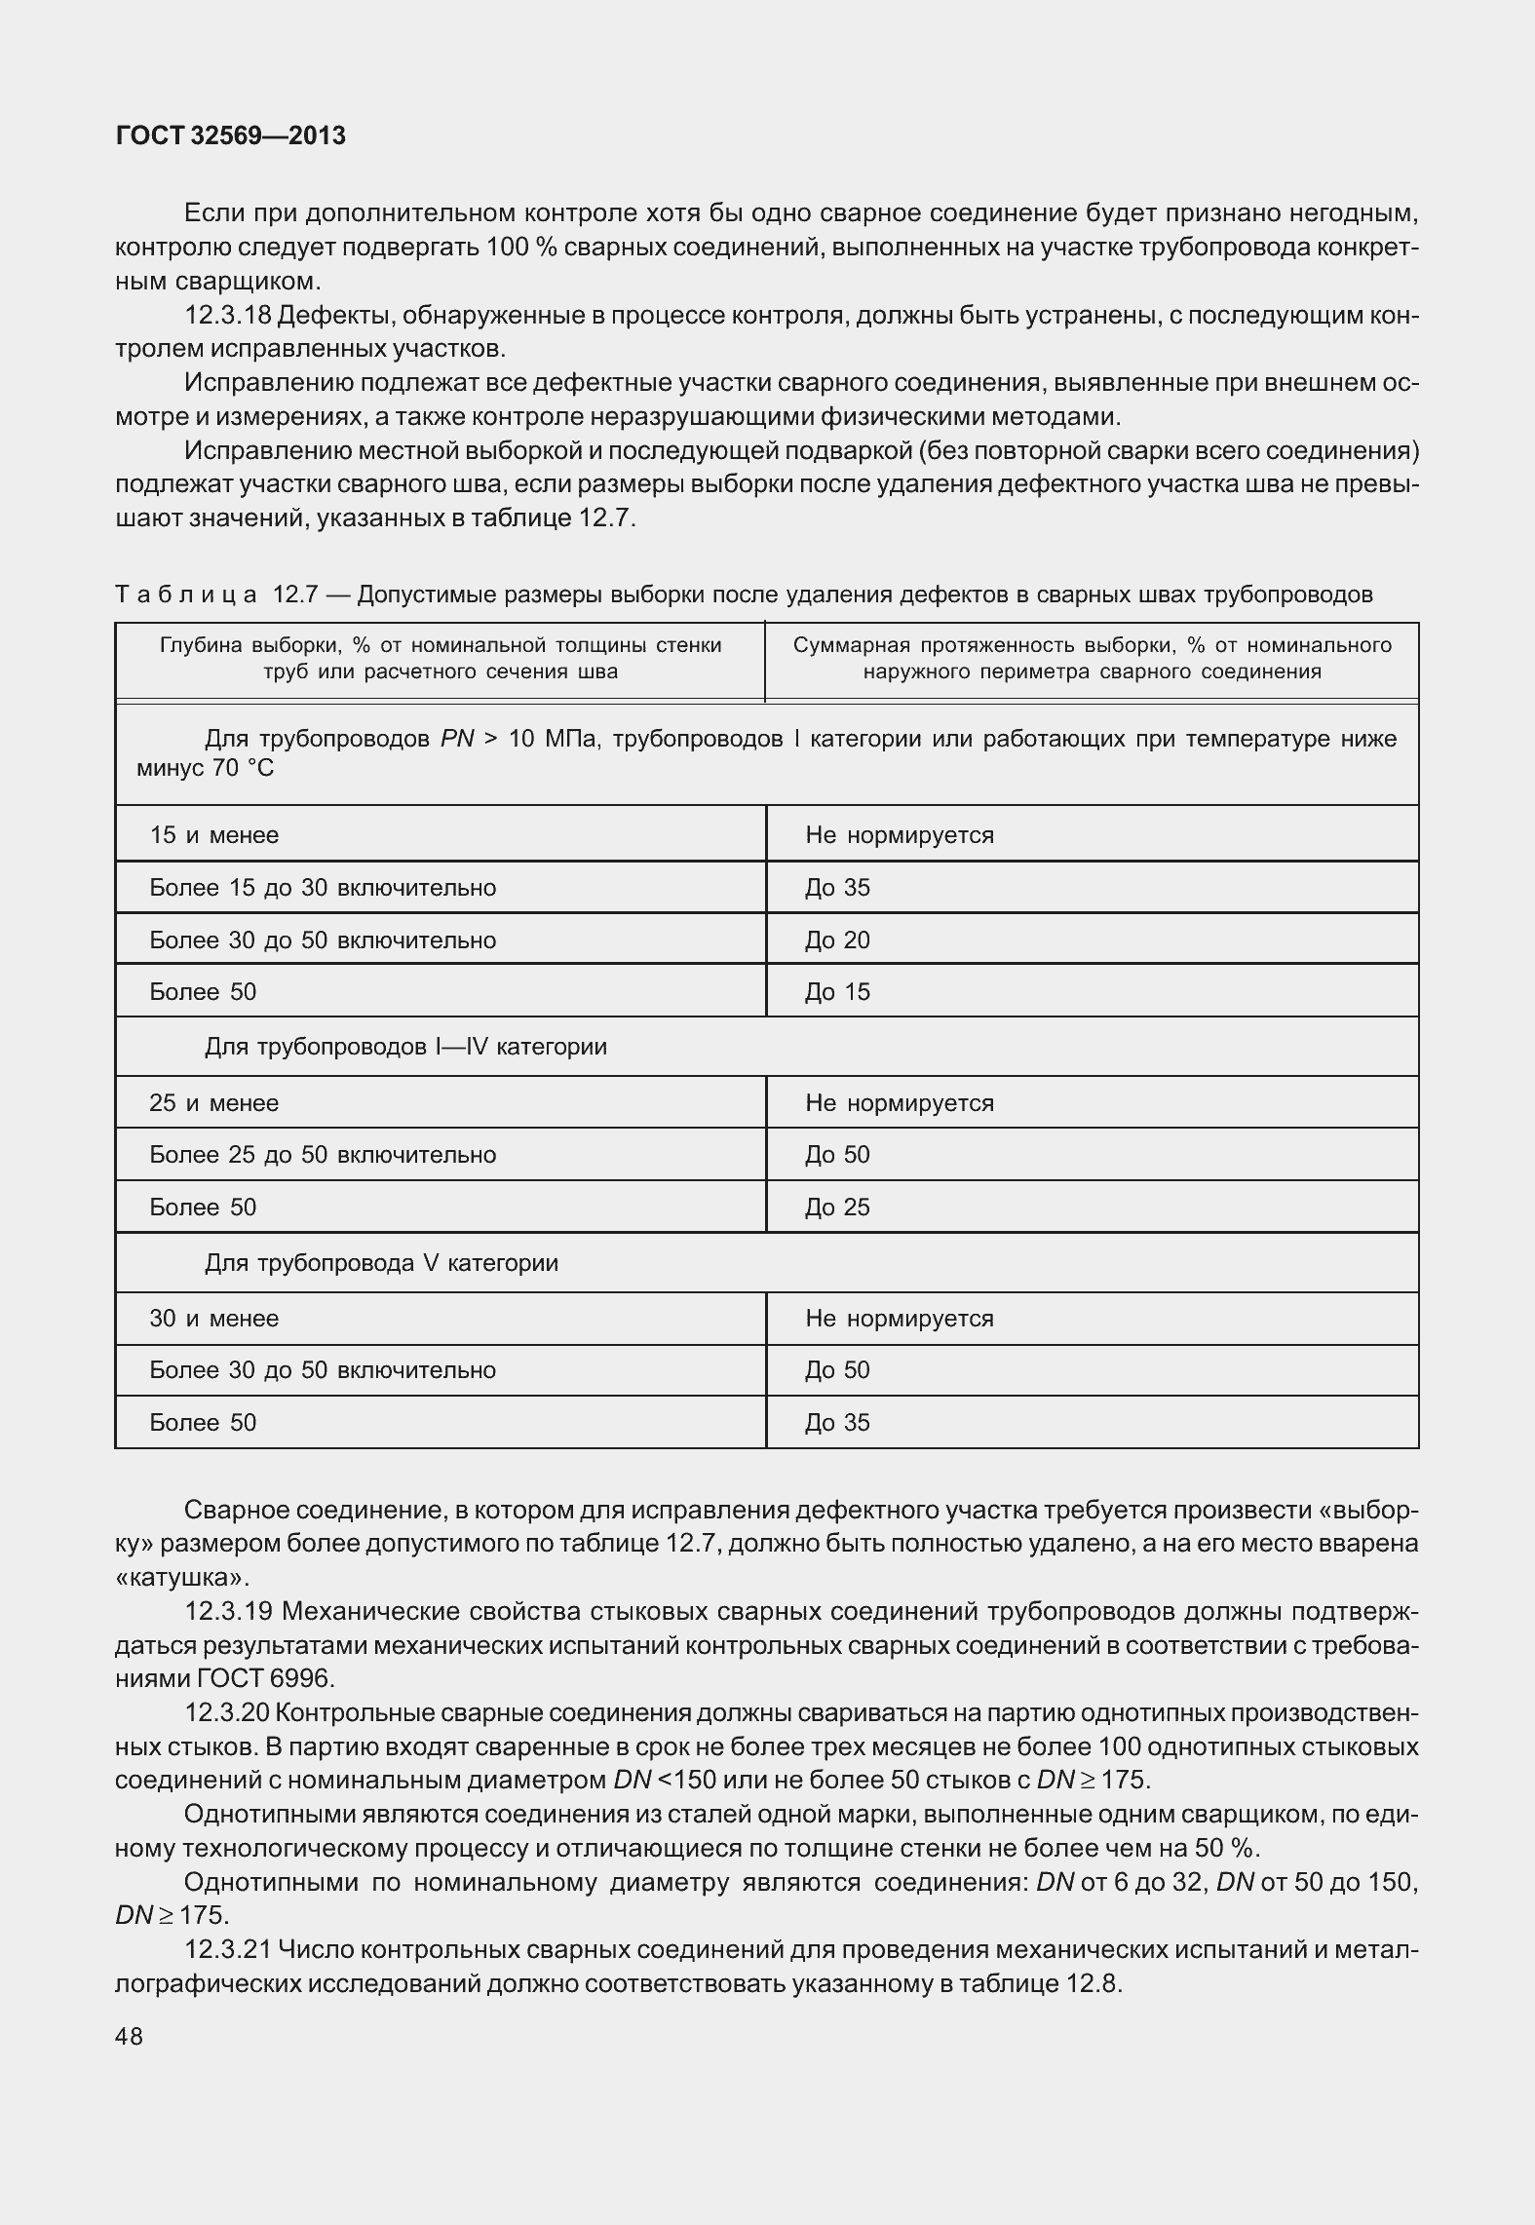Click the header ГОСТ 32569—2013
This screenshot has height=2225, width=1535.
pyautogui.click(x=230, y=136)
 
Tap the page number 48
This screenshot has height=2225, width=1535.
pyautogui.click(x=129, y=2037)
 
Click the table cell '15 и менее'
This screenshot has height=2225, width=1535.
pyautogui.click(x=214, y=835)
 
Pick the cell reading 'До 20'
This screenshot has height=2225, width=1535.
pyautogui.click(x=837, y=940)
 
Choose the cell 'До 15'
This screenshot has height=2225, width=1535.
pyautogui.click(x=837, y=992)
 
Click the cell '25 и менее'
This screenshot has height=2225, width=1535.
pyautogui.click(x=214, y=1103)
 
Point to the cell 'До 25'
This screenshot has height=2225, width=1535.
pyautogui.click(x=837, y=1208)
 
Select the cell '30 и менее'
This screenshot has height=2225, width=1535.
pyautogui.click(x=214, y=1319)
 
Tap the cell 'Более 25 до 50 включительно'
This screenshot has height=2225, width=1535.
pyautogui.click(x=323, y=1155)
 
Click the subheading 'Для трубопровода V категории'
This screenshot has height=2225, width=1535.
pyautogui.click(x=381, y=1264)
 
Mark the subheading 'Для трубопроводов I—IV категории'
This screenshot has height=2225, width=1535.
pyautogui.click(x=405, y=1048)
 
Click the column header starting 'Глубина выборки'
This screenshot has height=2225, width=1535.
pyautogui.click(x=441, y=658)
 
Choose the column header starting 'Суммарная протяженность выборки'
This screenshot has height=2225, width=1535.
pyautogui.click(x=1092, y=658)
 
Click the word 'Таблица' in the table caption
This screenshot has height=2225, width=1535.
pyautogui.click(x=186, y=595)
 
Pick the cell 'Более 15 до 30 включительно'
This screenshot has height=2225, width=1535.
pyautogui.click(x=323, y=888)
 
